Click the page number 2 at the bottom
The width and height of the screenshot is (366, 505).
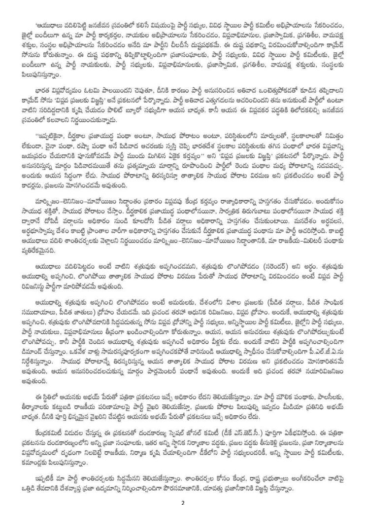coord(183,499)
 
